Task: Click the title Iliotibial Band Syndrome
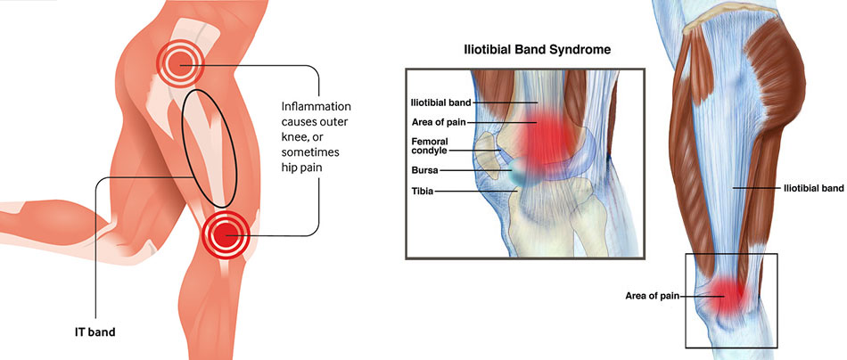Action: coord(538,50)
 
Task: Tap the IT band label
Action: coord(95,332)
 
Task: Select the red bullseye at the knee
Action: coord(226,235)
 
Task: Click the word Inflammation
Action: coord(316,106)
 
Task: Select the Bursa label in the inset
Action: coord(424,170)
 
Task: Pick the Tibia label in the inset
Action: coord(422,191)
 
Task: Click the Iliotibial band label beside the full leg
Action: coord(813,188)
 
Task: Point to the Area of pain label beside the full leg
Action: coord(651,296)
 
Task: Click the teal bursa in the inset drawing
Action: coord(521,172)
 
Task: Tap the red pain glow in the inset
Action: coord(546,137)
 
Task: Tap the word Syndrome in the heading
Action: coord(586,50)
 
